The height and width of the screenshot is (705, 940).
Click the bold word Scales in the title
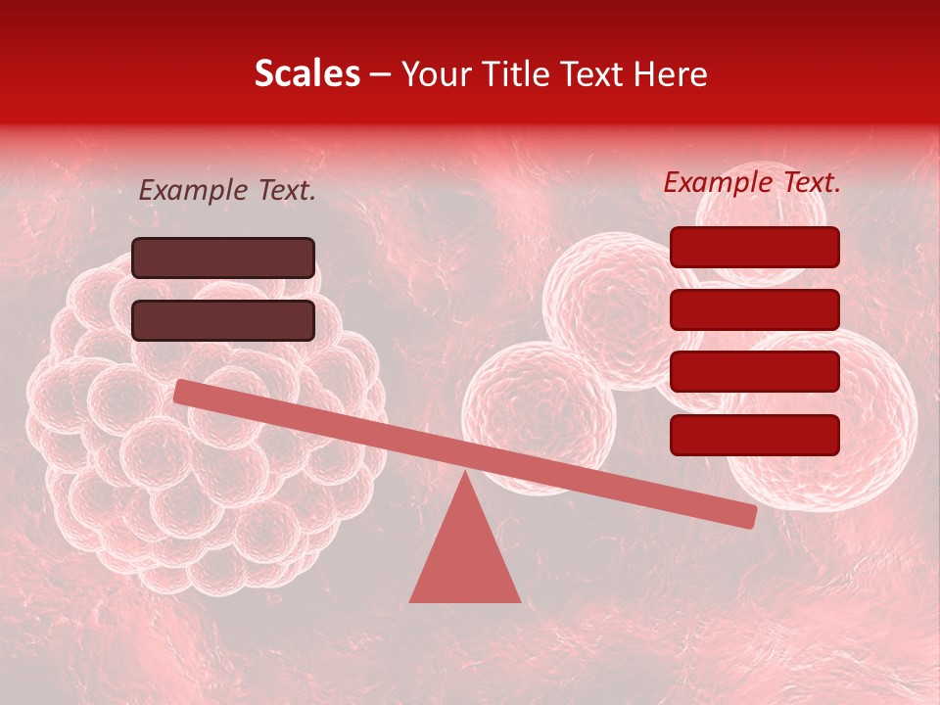[306, 74]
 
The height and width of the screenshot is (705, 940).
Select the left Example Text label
[227, 191]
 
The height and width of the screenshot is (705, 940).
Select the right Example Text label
[752, 182]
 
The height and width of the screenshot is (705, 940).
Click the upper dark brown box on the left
[223, 258]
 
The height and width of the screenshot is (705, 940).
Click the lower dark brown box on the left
[223, 320]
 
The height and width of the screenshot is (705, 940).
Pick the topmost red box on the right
[754, 247]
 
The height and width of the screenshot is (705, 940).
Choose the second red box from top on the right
[754, 309]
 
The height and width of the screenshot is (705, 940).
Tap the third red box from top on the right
[754, 371]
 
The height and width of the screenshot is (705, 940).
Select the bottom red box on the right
[754, 435]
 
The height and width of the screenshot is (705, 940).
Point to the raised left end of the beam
[182, 392]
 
